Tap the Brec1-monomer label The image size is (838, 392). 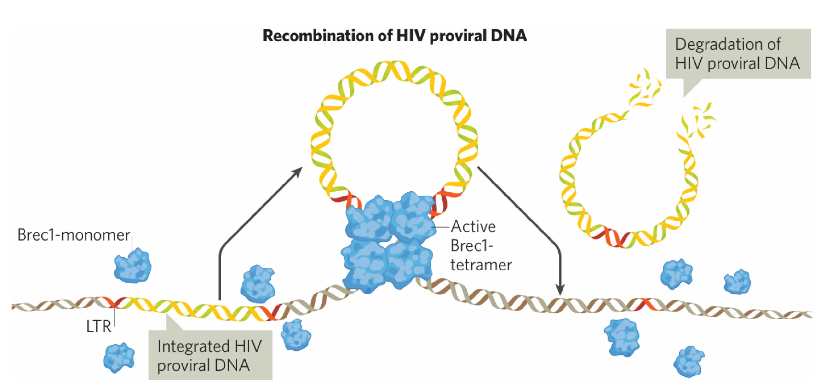(73, 235)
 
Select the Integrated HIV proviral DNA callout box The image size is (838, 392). (210, 355)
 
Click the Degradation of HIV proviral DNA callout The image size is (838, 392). (738, 54)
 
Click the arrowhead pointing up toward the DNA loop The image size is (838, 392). (298, 171)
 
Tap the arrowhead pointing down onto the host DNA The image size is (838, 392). (560, 290)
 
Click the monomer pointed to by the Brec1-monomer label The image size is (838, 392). (133, 265)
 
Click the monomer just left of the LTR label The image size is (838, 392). (119, 357)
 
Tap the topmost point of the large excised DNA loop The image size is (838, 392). (395, 64)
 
